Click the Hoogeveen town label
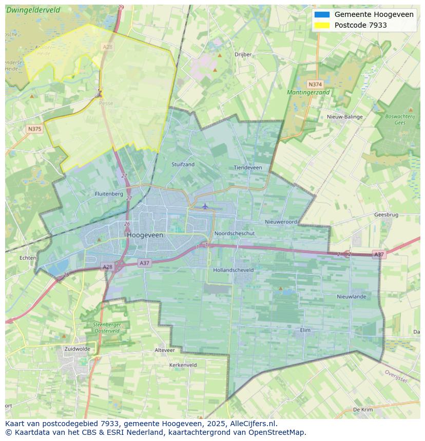click(145, 235)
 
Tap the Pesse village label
click(106, 103)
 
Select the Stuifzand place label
click(183, 164)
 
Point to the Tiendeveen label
click(247, 167)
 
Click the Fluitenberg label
click(109, 194)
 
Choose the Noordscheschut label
click(234, 233)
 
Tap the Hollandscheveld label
click(233, 269)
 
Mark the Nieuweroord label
click(281, 222)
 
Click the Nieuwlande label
click(351, 297)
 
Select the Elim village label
click(305, 330)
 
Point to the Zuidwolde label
click(78, 349)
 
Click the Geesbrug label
click(386, 215)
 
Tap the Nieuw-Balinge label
click(344, 117)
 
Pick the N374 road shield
click(315, 84)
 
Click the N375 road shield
click(34, 129)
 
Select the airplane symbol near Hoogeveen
click(205, 206)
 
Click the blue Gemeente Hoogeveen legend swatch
click(322, 15)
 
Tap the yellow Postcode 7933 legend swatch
click(322, 25)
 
